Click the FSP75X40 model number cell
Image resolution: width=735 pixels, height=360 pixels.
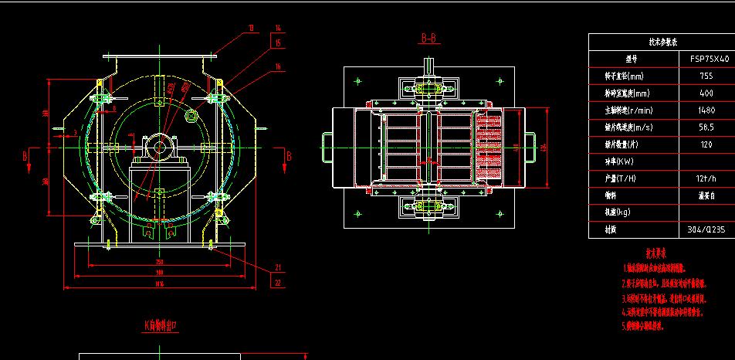(x=706, y=59)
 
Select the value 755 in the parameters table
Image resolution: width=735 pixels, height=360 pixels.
(x=706, y=76)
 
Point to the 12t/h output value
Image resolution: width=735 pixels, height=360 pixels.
(x=706, y=178)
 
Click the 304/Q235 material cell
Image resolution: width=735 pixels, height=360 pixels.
(x=706, y=229)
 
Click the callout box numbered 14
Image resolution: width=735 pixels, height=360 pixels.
(x=278, y=29)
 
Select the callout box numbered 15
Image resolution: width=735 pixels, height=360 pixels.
(x=278, y=43)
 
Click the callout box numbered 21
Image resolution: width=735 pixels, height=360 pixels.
(x=278, y=268)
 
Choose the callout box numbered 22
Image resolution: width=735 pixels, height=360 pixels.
(x=278, y=283)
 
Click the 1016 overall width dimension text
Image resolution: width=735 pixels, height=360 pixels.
(x=159, y=284)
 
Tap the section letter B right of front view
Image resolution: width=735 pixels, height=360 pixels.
(x=289, y=156)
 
